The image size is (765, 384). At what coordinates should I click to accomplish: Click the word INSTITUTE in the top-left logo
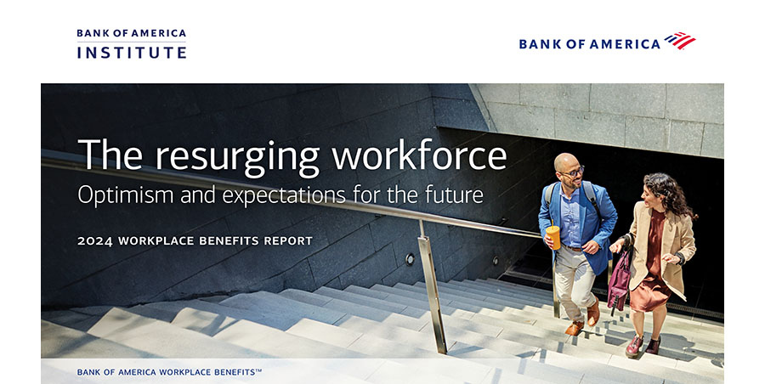132,52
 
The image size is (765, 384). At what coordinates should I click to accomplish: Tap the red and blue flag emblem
680,41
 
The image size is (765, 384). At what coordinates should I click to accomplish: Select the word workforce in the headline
419,155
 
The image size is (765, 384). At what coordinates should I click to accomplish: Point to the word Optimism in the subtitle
126,195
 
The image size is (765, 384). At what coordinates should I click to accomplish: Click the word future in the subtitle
454,195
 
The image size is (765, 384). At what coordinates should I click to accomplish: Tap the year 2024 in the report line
95,241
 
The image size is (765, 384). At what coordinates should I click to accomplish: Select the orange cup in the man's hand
552,237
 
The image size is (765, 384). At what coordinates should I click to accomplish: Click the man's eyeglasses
572,172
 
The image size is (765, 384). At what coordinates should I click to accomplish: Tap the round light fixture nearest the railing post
410,259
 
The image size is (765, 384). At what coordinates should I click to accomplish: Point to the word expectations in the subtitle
283,196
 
